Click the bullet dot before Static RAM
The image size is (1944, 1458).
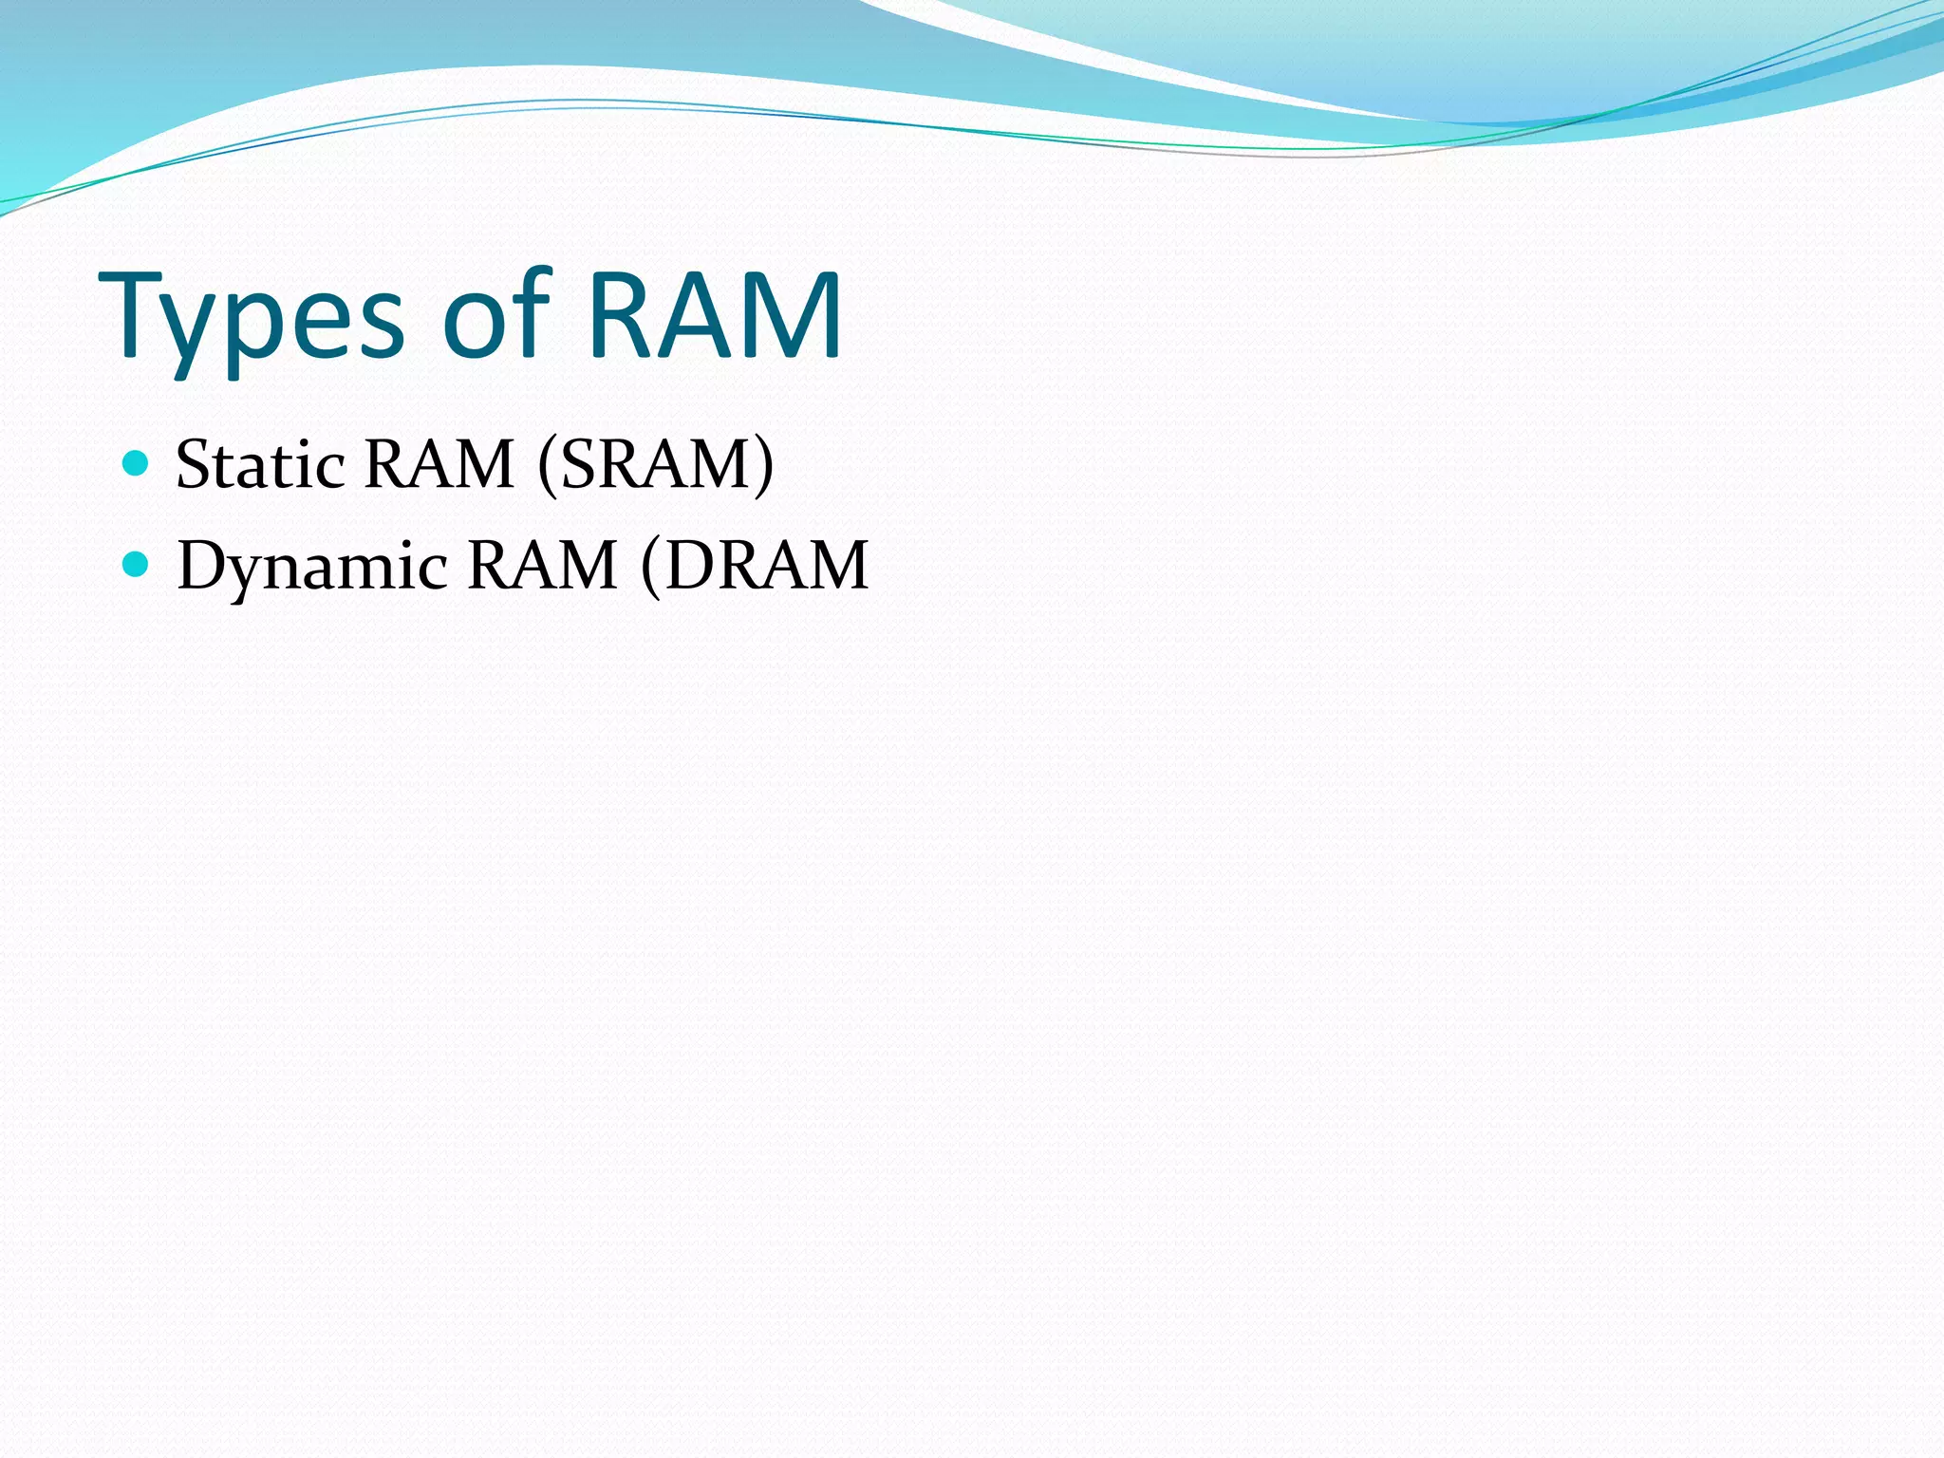pyautogui.click(x=137, y=463)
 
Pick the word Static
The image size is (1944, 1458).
pyautogui.click(x=260, y=465)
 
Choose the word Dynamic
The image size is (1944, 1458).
pyautogui.click(x=312, y=567)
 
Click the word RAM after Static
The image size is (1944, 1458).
pyautogui.click(x=439, y=465)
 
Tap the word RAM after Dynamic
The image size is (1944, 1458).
pyautogui.click(x=543, y=567)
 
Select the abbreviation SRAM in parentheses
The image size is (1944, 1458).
pyautogui.click(x=656, y=465)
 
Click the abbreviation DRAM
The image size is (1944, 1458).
pyautogui.click(x=766, y=567)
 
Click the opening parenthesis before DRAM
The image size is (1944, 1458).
pyautogui.click(x=650, y=567)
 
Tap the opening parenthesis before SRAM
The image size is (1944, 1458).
pyautogui.click(x=547, y=465)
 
